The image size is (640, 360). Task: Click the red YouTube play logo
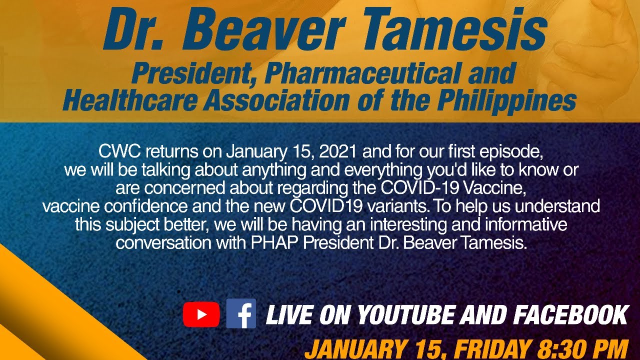(x=201, y=314)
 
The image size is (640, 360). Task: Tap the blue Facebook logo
(x=241, y=313)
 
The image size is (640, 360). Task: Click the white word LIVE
(x=289, y=315)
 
